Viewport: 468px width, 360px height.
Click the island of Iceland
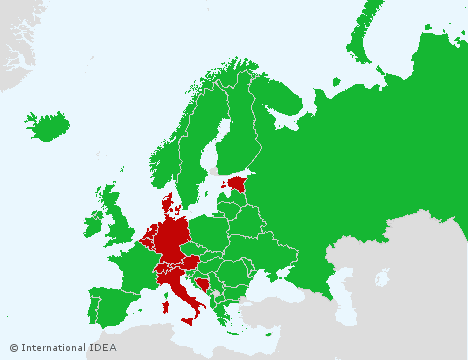click(x=48, y=127)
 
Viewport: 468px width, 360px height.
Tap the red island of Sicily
click(x=190, y=321)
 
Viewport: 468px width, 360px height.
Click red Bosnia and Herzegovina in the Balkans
click(x=204, y=284)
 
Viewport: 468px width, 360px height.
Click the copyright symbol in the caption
click(x=14, y=348)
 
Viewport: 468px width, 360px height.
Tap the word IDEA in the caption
click(x=103, y=348)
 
